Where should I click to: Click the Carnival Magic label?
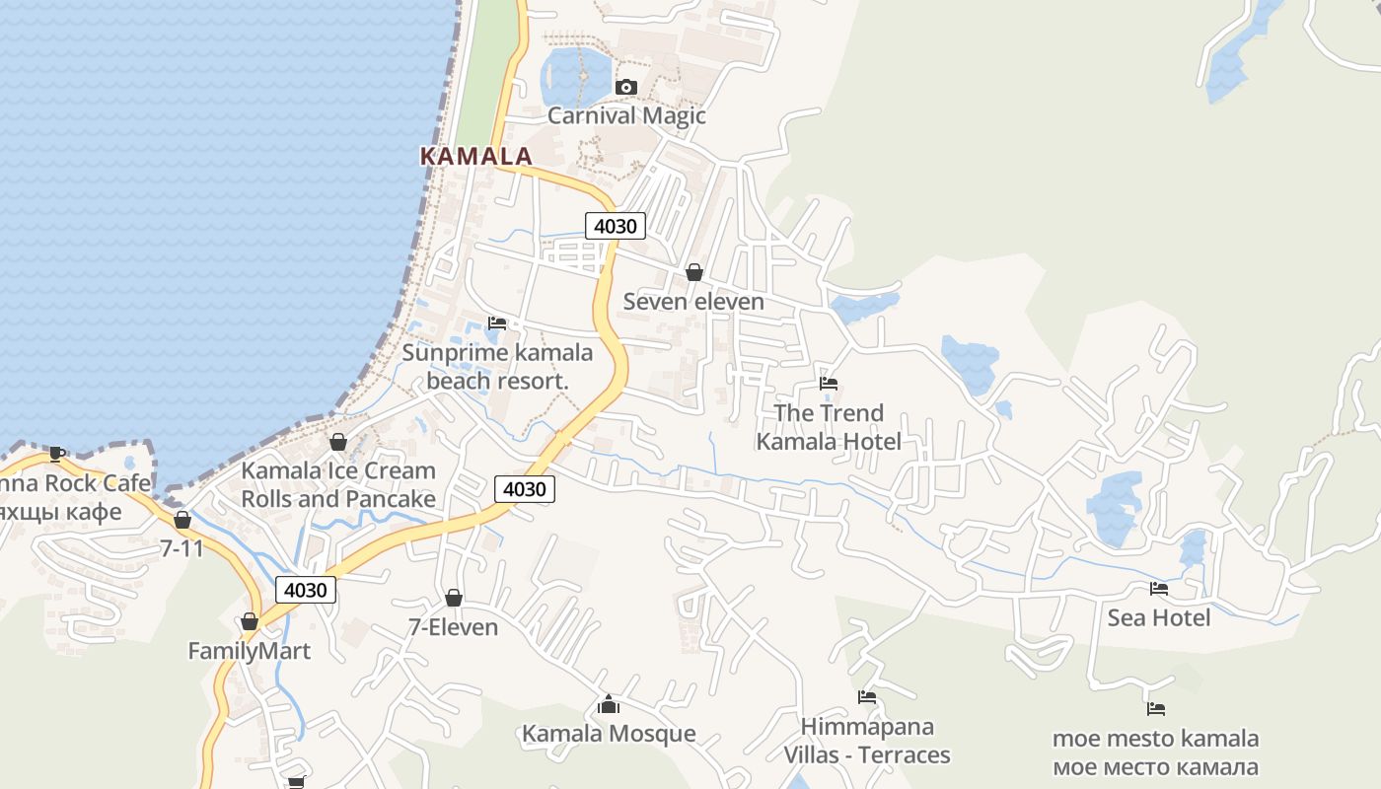point(626,115)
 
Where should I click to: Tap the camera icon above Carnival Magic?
point(625,88)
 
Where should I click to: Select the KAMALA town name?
point(475,156)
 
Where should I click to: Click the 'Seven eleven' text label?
point(693,301)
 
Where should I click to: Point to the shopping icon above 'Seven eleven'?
point(694,272)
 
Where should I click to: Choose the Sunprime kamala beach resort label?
point(498,366)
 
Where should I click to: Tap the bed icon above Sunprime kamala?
point(497,323)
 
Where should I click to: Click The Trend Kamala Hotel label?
point(829,426)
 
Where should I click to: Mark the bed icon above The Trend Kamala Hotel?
point(829,384)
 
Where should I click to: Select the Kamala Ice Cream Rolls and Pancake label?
point(338,484)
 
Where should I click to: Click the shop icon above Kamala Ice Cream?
point(338,442)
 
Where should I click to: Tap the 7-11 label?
point(182,547)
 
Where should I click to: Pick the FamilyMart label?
point(250,651)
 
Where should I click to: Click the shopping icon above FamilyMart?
point(250,622)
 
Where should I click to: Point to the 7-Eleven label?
point(454,627)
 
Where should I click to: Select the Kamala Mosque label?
point(609,733)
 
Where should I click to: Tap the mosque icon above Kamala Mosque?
point(609,704)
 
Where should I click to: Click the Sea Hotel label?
point(1159,617)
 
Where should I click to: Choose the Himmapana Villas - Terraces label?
point(867,741)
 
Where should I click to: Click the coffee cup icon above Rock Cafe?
point(56,455)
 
